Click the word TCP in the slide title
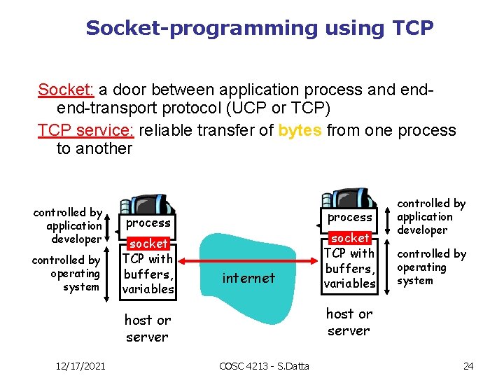click(x=414, y=28)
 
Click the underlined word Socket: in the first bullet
click(x=66, y=90)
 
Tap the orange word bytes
click(x=300, y=130)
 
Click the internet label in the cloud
click(x=248, y=278)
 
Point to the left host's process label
click(x=148, y=223)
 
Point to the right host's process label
click(x=350, y=217)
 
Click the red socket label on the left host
click(x=148, y=244)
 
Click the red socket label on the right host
click(x=349, y=238)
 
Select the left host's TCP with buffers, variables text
click(x=148, y=274)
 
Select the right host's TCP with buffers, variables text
click(x=349, y=268)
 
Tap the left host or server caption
click(x=147, y=328)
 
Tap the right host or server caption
click(x=349, y=322)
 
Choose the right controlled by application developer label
click(x=431, y=216)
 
